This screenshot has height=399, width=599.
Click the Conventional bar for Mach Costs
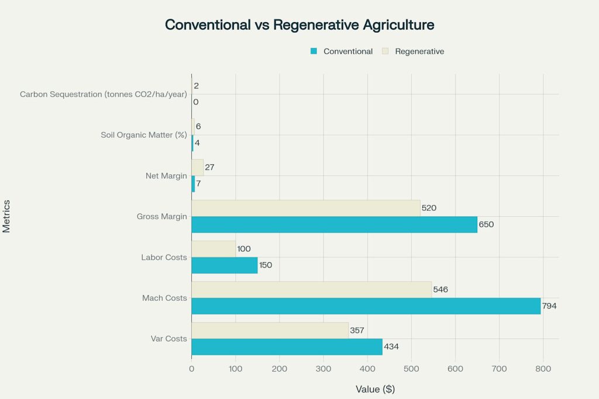click(366, 306)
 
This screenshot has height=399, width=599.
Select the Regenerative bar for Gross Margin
click(306, 209)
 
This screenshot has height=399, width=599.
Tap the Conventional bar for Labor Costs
click(225, 265)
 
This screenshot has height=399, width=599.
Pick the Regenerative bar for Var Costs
click(270, 330)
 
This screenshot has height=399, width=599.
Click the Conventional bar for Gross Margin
click(335, 224)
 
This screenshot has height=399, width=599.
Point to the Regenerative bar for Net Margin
click(198, 168)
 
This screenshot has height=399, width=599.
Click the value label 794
click(549, 306)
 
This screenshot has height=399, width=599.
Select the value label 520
click(429, 208)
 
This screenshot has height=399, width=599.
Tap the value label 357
click(357, 330)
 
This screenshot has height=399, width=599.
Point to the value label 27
click(210, 167)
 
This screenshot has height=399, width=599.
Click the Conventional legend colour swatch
click(314, 51)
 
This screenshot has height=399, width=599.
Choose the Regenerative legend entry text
click(419, 51)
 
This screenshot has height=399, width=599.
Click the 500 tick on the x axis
click(411, 369)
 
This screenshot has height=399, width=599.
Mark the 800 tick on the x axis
click(543, 369)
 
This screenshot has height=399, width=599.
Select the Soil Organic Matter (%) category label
click(144, 135)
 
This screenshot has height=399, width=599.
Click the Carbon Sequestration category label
click(104, 94)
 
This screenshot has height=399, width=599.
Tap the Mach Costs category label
click(164, 298)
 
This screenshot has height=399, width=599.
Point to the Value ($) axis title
click(375, 390)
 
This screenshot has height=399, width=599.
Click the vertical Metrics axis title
click(6, 216)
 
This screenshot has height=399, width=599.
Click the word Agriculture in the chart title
click(398, 25)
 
